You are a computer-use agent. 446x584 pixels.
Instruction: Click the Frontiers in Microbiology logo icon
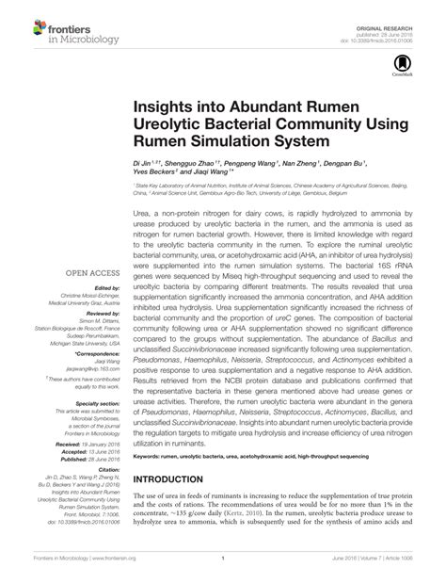(22, 26)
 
